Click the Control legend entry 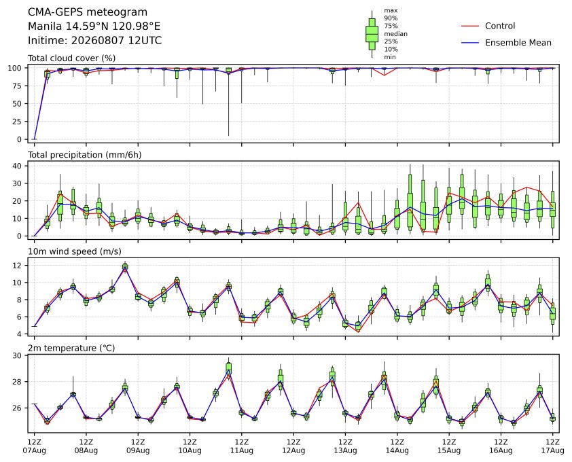pyautogui.click(x=500, y=26)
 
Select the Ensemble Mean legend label pyautogui.click(x=518, y=43)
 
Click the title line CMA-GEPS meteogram pyautogui.click(x=88, y=12)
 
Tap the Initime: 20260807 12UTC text pyautogui.click(x=95, y=40)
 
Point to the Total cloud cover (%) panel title pyautogui.click(x=72, y=58)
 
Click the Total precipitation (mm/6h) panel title pyautogui.click(x=85, y=155)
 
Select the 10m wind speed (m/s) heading pyautogui.click(x=75, y=251)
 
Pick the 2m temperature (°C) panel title pyautogui.click(x=71, y=348)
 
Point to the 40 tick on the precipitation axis pyautogui.click(x=17, y=166)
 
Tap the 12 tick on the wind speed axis pyautogui.click(x=17, y=265)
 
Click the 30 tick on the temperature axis pyautogui.click(x=17, y=355)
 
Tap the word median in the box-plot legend pyautogui.click(x=395, y=34)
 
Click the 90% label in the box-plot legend pyautogui.click(x=391, y=18)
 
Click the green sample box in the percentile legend pyautogui.click(x=372, y=34)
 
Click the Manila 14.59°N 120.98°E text pyautogui.click(x=94, y=26)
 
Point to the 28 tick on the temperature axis pyautogui.click(x=17, y=382)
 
